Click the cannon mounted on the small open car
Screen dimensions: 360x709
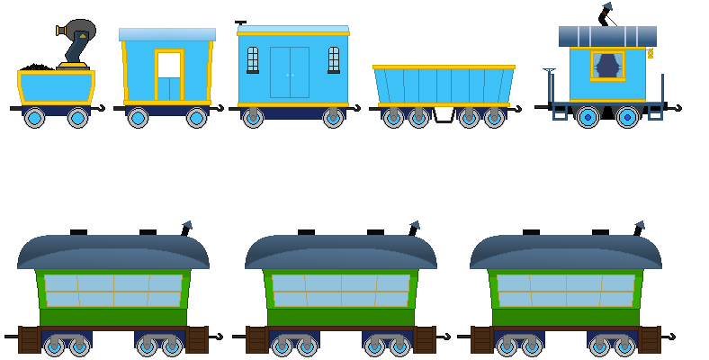76,40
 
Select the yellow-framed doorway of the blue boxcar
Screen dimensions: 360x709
169,76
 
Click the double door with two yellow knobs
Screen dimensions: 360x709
289,73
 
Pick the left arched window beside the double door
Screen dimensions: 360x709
253,59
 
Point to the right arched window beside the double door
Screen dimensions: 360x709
334,59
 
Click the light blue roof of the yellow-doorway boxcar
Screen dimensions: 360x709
167,34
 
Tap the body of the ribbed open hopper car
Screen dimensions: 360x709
444,86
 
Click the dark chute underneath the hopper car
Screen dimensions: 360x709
444,115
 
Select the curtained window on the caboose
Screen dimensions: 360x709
607,66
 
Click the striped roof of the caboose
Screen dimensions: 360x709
607,36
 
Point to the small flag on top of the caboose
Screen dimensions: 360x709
607,8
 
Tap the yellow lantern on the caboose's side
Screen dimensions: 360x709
650,53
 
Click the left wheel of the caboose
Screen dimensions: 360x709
588,117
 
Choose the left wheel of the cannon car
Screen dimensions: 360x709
35,118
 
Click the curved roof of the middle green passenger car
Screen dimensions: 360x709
341,251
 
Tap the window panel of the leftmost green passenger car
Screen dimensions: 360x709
113,291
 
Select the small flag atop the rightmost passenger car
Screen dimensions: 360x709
639,225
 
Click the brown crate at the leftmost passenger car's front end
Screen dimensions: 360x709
29,340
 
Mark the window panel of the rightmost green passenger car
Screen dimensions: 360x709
566,291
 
